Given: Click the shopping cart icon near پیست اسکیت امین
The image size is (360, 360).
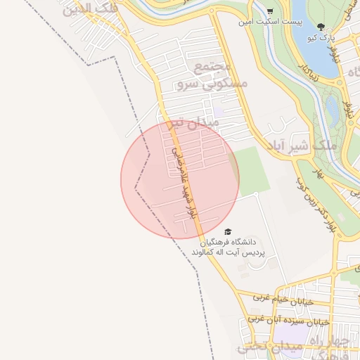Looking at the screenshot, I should pos(270,11).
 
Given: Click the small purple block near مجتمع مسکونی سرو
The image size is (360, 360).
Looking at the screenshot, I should pos(219,110).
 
